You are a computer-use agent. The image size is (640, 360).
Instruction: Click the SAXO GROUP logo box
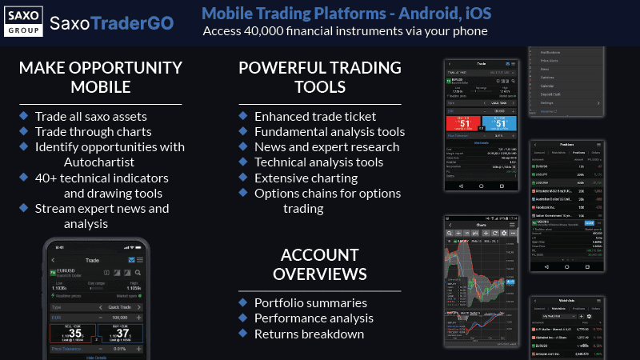24,21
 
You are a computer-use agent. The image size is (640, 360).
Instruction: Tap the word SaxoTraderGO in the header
111,22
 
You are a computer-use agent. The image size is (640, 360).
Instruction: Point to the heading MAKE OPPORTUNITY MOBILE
101,78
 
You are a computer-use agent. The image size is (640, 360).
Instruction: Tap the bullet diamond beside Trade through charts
24,132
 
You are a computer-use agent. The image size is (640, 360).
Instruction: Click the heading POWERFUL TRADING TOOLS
303,78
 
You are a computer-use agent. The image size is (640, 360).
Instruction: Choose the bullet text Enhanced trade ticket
315,117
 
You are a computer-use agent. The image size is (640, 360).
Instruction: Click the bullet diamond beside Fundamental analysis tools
243,132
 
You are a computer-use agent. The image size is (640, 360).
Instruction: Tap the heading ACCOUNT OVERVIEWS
319,265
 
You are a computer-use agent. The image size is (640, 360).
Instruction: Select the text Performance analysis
314,318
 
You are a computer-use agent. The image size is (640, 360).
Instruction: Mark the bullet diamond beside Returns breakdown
243,334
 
